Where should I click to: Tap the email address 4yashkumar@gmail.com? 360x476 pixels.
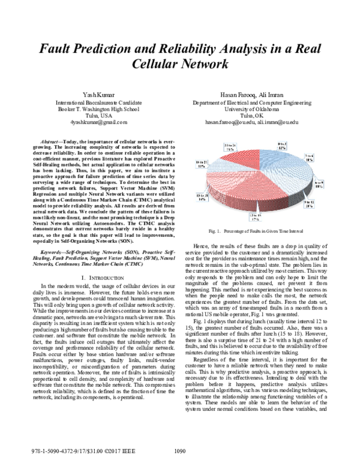click(96, 122)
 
